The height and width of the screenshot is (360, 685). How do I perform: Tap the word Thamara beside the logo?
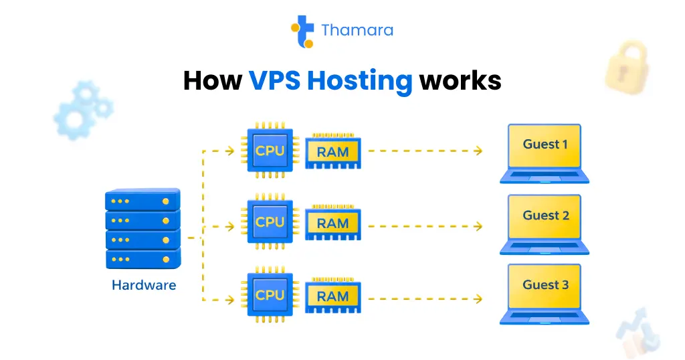pos(357,31)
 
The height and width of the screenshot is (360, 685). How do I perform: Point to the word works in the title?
pos(460,81)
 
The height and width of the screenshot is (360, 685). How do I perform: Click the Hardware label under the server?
pos(143,285)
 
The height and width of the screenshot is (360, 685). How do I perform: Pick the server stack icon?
pos(142,228)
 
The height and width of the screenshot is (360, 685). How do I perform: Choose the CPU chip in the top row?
pos(270,151)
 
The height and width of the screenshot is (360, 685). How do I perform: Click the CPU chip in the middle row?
pos(270,223)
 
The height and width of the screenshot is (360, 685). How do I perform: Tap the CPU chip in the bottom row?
pos(270,295)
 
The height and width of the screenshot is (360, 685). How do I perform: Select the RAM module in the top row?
pos(332,152)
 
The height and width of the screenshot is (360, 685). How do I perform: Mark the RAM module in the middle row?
pos(332,223)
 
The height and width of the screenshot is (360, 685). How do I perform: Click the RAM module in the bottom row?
pos(332,296)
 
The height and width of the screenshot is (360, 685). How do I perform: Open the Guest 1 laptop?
pos(545,153)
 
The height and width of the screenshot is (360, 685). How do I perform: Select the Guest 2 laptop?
pos(545,223)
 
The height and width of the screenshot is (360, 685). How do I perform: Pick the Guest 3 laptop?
pos(545,294)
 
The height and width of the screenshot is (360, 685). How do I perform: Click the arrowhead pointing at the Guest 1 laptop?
pos(478,151)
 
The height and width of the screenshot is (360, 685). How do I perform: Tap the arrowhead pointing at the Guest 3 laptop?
pos(478,298)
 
